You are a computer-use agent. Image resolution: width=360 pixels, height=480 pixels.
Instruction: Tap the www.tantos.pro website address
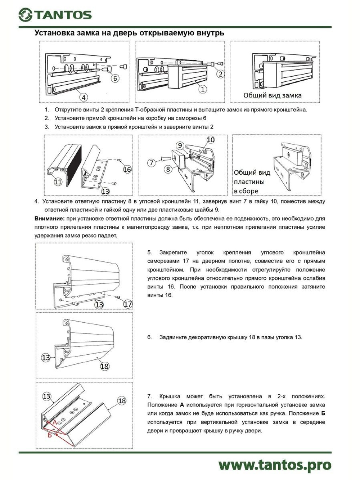point(275,464)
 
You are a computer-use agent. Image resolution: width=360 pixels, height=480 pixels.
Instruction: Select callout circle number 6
point(115,78)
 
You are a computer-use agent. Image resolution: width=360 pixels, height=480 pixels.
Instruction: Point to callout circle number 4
point(84,97)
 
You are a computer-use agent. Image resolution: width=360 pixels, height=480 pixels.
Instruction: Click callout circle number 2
point(220,74)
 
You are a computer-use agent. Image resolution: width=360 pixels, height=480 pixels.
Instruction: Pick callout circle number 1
point(203,89)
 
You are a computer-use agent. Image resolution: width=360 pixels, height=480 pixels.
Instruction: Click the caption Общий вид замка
point(272,95)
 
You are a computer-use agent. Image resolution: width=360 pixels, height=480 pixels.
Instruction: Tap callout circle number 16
point(127,169)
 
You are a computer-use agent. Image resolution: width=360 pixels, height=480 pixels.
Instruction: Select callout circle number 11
point(58,181)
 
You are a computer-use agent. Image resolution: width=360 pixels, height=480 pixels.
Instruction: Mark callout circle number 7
point(151,163)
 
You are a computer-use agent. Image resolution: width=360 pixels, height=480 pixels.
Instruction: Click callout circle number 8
point(168,169)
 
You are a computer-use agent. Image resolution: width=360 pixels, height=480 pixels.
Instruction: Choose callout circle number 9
point(180,145)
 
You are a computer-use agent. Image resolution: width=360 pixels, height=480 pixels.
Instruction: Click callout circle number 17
point(128,304)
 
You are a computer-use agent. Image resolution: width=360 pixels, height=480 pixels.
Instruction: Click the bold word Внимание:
point(49,219)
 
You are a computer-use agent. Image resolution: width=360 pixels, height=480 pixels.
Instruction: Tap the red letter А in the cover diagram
point(55,422)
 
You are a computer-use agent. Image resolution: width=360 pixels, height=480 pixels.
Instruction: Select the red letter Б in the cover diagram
point(50,435)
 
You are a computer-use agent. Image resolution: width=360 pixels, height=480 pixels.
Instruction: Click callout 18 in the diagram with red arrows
point(122,401)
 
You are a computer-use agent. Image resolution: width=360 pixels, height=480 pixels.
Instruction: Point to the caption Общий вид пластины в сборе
point(252,181)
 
